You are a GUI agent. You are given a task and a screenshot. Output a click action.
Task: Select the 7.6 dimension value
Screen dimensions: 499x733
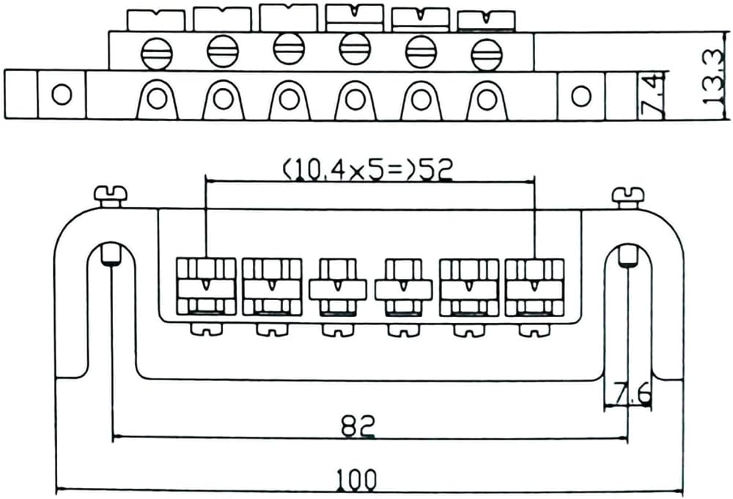(633, 396)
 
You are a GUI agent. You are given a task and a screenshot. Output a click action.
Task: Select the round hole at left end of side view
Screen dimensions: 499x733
(62, 94)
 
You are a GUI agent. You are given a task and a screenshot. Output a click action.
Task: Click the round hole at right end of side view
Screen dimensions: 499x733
(581, 95)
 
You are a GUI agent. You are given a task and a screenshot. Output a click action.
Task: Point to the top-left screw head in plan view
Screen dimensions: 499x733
(111, 194)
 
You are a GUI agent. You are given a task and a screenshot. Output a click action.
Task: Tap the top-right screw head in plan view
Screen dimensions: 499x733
(628, 194)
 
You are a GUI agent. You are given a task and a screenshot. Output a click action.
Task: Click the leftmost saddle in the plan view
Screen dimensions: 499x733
(206, 286)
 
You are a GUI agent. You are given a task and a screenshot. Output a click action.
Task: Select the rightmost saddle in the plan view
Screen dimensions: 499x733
(534, 286)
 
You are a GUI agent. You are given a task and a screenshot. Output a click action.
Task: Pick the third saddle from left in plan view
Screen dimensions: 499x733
(337, 286)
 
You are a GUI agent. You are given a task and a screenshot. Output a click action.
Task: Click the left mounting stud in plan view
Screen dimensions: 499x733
(111, 255)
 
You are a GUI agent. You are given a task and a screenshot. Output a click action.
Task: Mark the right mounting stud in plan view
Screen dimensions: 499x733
(627, 255)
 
